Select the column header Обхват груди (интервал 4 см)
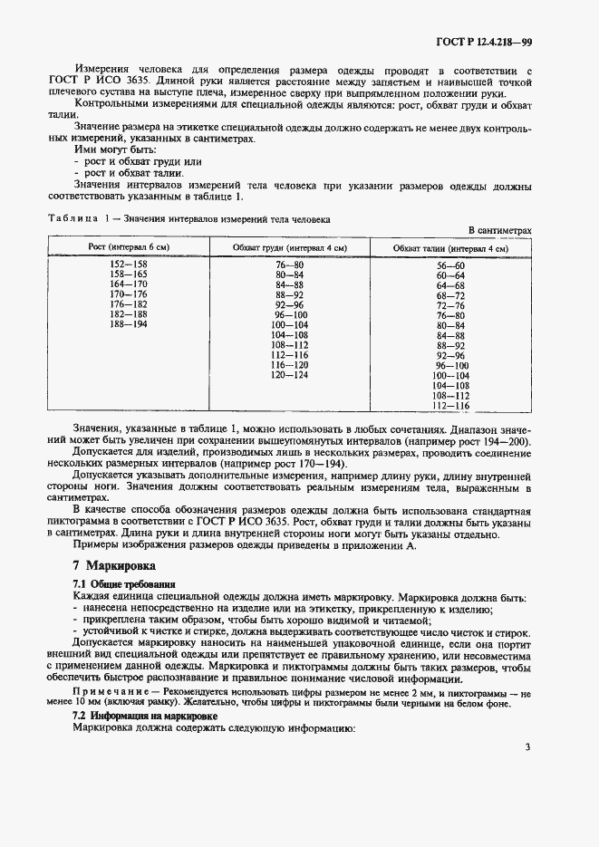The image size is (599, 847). point(290,247)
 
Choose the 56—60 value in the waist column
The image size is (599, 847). point(449,265)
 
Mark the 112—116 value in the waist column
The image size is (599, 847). point(449,406)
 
